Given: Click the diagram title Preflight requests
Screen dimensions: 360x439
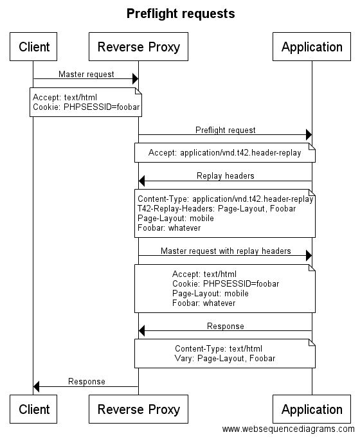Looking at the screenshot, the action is pos(181,14).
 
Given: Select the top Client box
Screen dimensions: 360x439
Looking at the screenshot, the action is pos(33,46).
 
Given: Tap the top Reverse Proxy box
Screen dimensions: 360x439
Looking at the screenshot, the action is pos(138,46).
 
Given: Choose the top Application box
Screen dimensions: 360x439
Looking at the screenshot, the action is pos(312,46).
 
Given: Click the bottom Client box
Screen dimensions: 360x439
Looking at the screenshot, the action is pos(33,409).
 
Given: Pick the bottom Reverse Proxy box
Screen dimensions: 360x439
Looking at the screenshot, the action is pos(138,409).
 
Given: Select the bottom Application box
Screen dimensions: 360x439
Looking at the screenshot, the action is pos(312,409).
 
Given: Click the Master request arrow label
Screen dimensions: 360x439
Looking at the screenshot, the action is pos(86,74).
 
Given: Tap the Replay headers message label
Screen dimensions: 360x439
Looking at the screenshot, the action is pos(226,176).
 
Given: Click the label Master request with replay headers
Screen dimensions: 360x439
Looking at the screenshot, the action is pos(226,251).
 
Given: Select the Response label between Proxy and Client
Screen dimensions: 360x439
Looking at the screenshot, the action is pos(87,381).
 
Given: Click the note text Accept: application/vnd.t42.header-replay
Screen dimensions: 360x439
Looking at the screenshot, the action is pos(224,153).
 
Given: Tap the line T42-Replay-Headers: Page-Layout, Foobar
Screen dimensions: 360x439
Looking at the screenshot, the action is pos(217,209).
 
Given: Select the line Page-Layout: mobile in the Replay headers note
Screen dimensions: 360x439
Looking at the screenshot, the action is pos(175,219).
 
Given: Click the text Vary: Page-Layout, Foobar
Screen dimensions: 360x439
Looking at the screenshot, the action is pos(225,359).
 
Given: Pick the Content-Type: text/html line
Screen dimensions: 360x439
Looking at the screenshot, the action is pos(219,348).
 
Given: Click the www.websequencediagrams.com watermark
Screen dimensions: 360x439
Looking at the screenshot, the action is pos(289,429).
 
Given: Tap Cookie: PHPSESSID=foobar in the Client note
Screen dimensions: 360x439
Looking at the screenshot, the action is pos(86,107).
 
